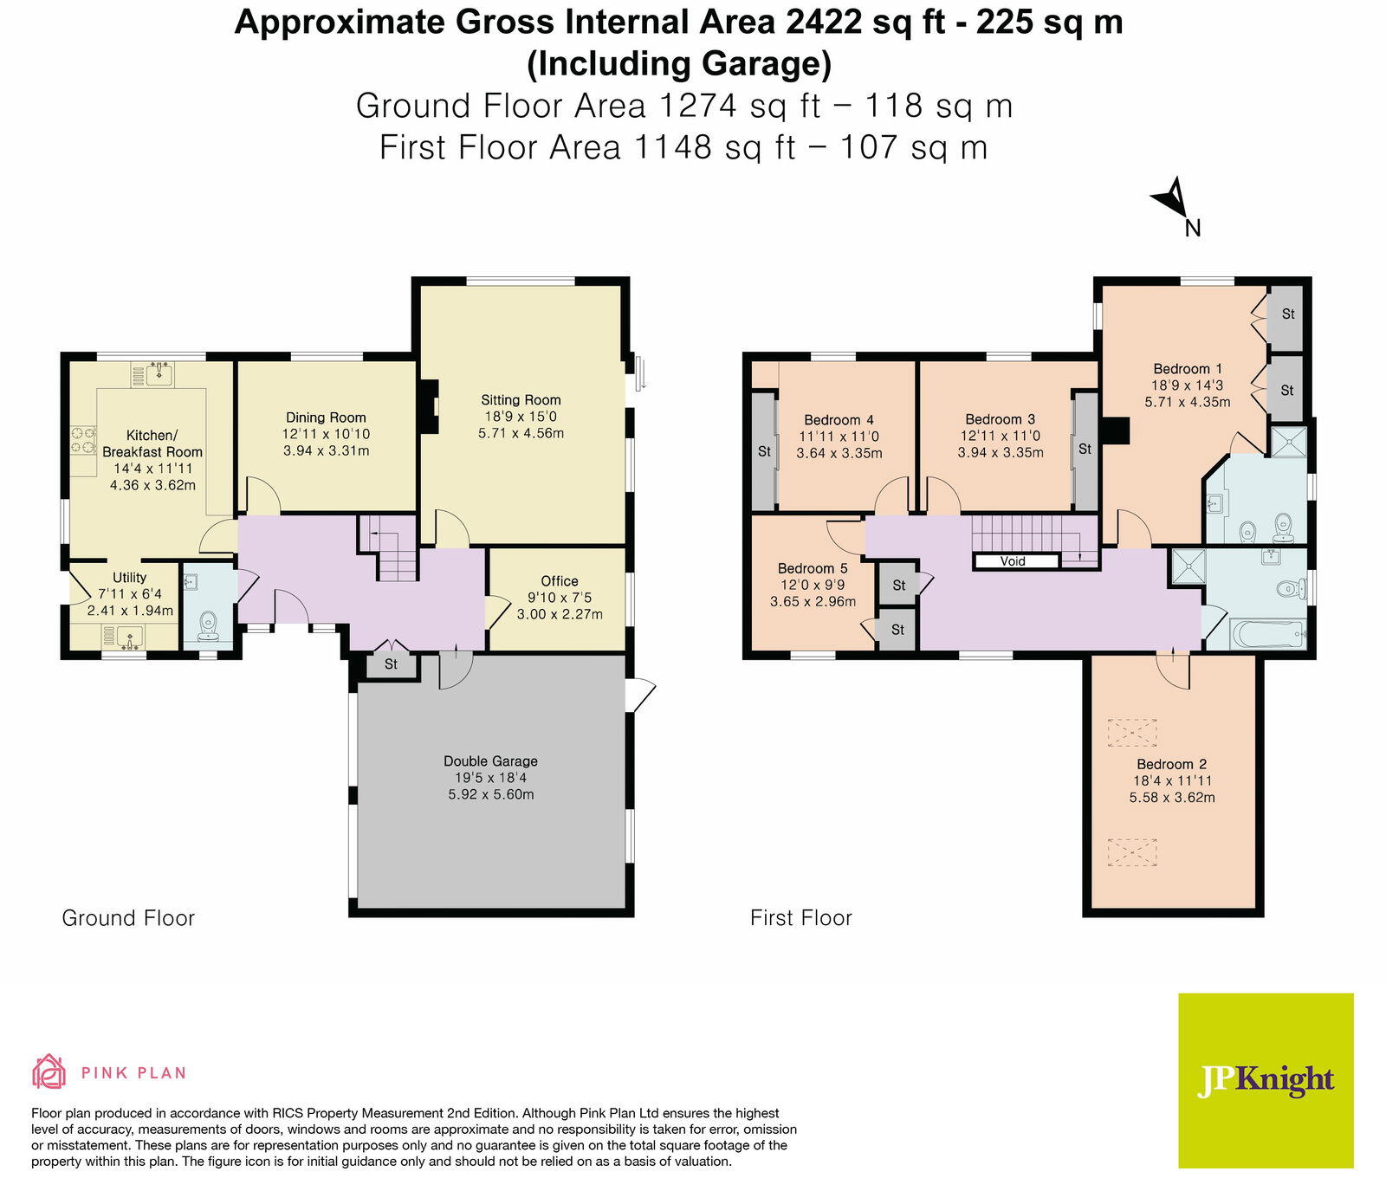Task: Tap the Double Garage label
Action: coord(490,761)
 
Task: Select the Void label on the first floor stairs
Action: coord(1013,561)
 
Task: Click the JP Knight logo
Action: coord(1266,1079)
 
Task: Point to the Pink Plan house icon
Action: coord(49,1071)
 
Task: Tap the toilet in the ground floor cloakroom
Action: coord(208,624)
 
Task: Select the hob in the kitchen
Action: coord(83,439)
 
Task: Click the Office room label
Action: coord(560,581)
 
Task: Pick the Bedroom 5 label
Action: coord(813,568)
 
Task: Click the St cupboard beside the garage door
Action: coord(391,664)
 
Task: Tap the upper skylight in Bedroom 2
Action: coord(1132,733)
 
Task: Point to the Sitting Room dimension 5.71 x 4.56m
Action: coord(521,433)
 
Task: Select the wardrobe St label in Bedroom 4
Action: coord(764,451)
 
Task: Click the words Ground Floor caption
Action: coord(128,918)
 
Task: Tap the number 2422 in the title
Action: coord(825,23)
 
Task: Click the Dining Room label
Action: coord(326,417)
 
